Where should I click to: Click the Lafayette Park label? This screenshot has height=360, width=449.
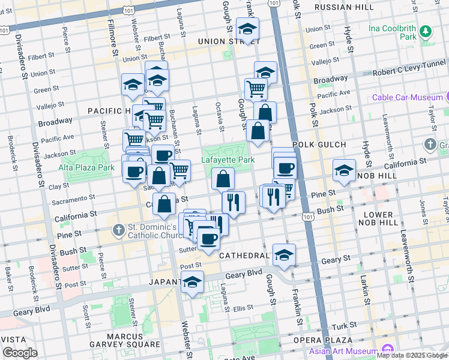(228, 160)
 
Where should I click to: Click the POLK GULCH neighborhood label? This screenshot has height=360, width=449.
(319, 145)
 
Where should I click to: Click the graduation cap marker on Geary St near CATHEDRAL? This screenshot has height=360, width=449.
(284, 254)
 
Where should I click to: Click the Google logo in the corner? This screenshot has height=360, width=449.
(20, 353)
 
